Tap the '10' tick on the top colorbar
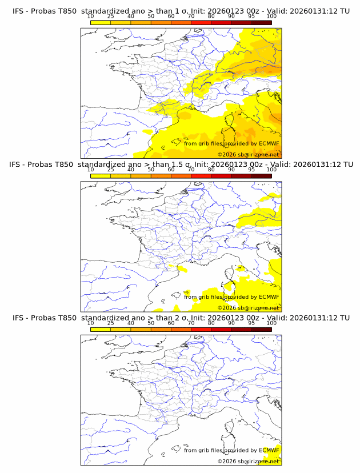90,16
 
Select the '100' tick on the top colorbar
271,16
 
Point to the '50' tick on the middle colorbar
151,170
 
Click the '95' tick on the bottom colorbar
251,323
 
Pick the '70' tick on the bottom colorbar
191,323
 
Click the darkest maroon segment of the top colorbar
261,22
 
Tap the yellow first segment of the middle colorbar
101,176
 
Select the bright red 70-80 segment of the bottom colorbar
201,330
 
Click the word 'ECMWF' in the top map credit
269,143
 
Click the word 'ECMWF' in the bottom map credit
269,450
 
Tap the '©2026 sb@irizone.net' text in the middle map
249,308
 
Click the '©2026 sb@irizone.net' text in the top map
249,154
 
